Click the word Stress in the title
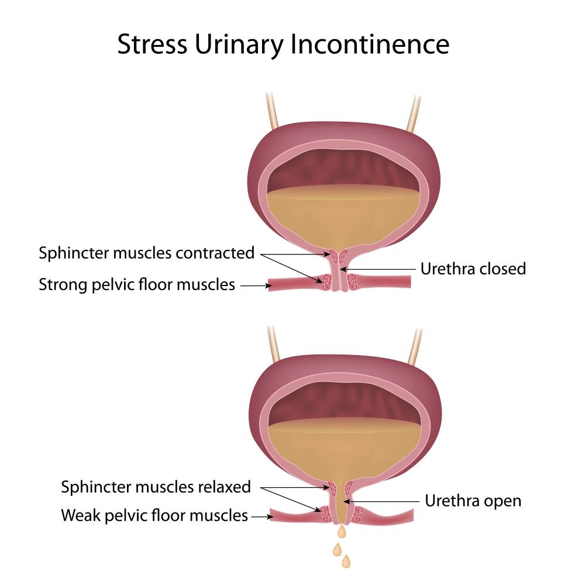coord(152,44)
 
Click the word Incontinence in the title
coord(369,44)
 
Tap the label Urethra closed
coord(473,269)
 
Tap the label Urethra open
coord(473,501)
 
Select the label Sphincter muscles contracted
coord(147,253)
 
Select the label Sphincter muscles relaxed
coord(156,487)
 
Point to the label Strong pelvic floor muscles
coord(137,285)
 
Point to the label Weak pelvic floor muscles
coord(154,516)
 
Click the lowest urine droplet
coord(346,561)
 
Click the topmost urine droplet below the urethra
coord(342,532)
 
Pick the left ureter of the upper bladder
coord(273,111)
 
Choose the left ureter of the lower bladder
coord(274,344)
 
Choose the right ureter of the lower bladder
coord(415,347)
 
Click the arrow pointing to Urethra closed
coord(377,269)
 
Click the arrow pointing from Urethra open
coord(381,502)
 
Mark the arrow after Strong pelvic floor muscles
coord(256,286)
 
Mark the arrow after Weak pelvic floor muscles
coord(262,517)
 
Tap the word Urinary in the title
coord(239,46)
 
